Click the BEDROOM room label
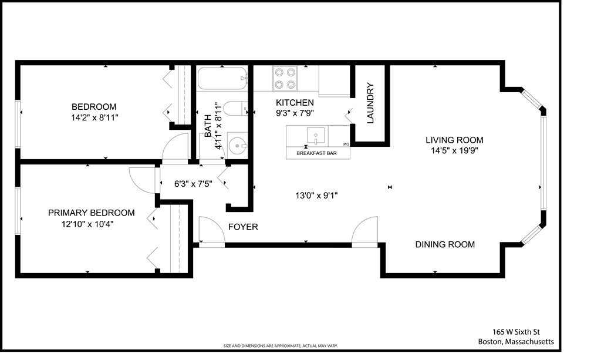pos(94,107)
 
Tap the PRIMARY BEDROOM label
pos(91,213)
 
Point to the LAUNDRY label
pos(370,103)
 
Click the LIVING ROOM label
pos(454,140)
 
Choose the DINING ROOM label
pos(445,244)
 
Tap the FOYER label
pos(242,227)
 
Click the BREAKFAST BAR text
pos(318,153)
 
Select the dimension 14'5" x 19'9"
pos(454,150)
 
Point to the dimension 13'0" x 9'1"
pos(316,196)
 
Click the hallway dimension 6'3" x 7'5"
pos(193,183)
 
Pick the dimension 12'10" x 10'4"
pos(91,223)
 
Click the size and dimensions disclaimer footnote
pos(280,346)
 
